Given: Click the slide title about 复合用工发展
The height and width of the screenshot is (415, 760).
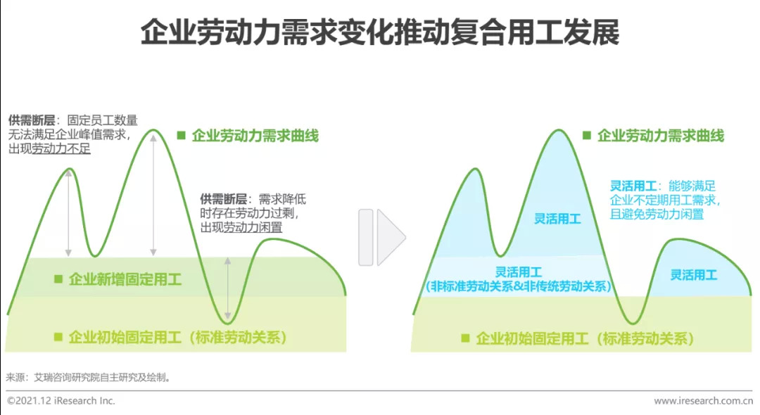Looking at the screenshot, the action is click(380, 32).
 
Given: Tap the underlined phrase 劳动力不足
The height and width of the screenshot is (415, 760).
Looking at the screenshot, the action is click(61, 149).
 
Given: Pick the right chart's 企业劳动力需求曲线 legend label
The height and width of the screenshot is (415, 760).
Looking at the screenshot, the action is click(660, 136).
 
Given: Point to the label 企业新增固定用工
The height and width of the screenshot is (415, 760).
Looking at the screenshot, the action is click(125, 279).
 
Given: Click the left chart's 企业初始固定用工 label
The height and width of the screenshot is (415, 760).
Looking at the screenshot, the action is click(178, 337).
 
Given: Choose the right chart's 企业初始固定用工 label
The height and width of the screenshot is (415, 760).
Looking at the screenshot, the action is click(584, 338).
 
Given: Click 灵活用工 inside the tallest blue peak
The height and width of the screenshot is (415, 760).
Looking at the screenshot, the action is click(557, 219).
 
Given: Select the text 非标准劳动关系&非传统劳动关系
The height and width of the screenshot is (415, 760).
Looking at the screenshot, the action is click(519, 286).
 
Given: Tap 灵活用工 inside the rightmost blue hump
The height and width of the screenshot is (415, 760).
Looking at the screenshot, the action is click(693, 275).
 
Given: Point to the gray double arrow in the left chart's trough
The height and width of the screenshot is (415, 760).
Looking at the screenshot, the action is click(228, 288).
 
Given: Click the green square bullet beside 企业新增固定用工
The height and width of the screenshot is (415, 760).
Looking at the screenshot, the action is click(58, 279).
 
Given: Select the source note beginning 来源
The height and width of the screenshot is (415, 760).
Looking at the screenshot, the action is click(89, 377).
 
